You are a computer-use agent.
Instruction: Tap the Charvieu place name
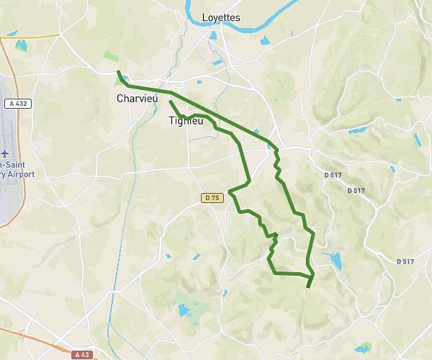137,99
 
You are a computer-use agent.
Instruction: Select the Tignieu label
186,121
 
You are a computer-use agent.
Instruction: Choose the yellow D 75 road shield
210,197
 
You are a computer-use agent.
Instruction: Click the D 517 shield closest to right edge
405,261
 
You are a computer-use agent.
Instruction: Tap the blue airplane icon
4,154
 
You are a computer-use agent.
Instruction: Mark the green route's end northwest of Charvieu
119,72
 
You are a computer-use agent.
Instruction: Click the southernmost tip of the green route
308,288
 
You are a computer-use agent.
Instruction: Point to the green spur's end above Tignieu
170,102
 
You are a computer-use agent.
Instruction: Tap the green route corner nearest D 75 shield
229,192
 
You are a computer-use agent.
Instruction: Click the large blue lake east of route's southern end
334,259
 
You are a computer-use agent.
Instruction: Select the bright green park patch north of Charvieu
110,56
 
